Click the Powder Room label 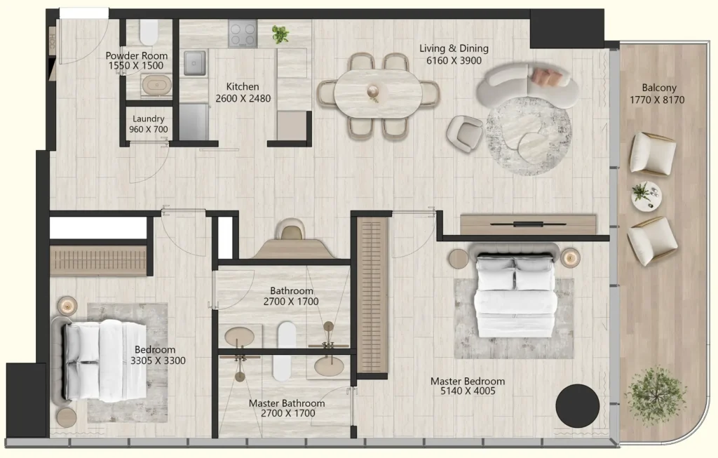[137, 55]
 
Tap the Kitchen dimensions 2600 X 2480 [243, 98]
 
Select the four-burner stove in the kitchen [243, 34]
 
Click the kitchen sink [195, 62]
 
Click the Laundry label [149, 119]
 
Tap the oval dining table [378, 94]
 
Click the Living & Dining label [454, 48]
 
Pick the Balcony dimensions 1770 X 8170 [657, 100]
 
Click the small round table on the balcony [646, 196]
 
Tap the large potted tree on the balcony [656, 396]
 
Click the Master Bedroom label [468, 381]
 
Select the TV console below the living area [528, 224]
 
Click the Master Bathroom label [287, 403]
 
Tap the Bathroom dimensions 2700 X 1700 [291, 302]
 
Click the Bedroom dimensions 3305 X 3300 [158, 361]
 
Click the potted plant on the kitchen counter [280, 34]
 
